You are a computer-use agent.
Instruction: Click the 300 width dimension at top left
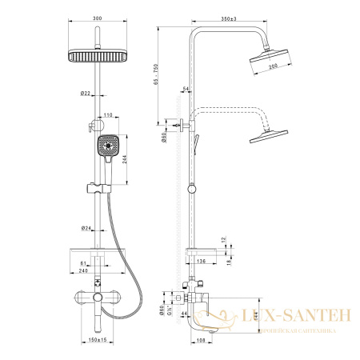[x=98, y=18]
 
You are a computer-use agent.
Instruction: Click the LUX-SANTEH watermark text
[x=307, y=317]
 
